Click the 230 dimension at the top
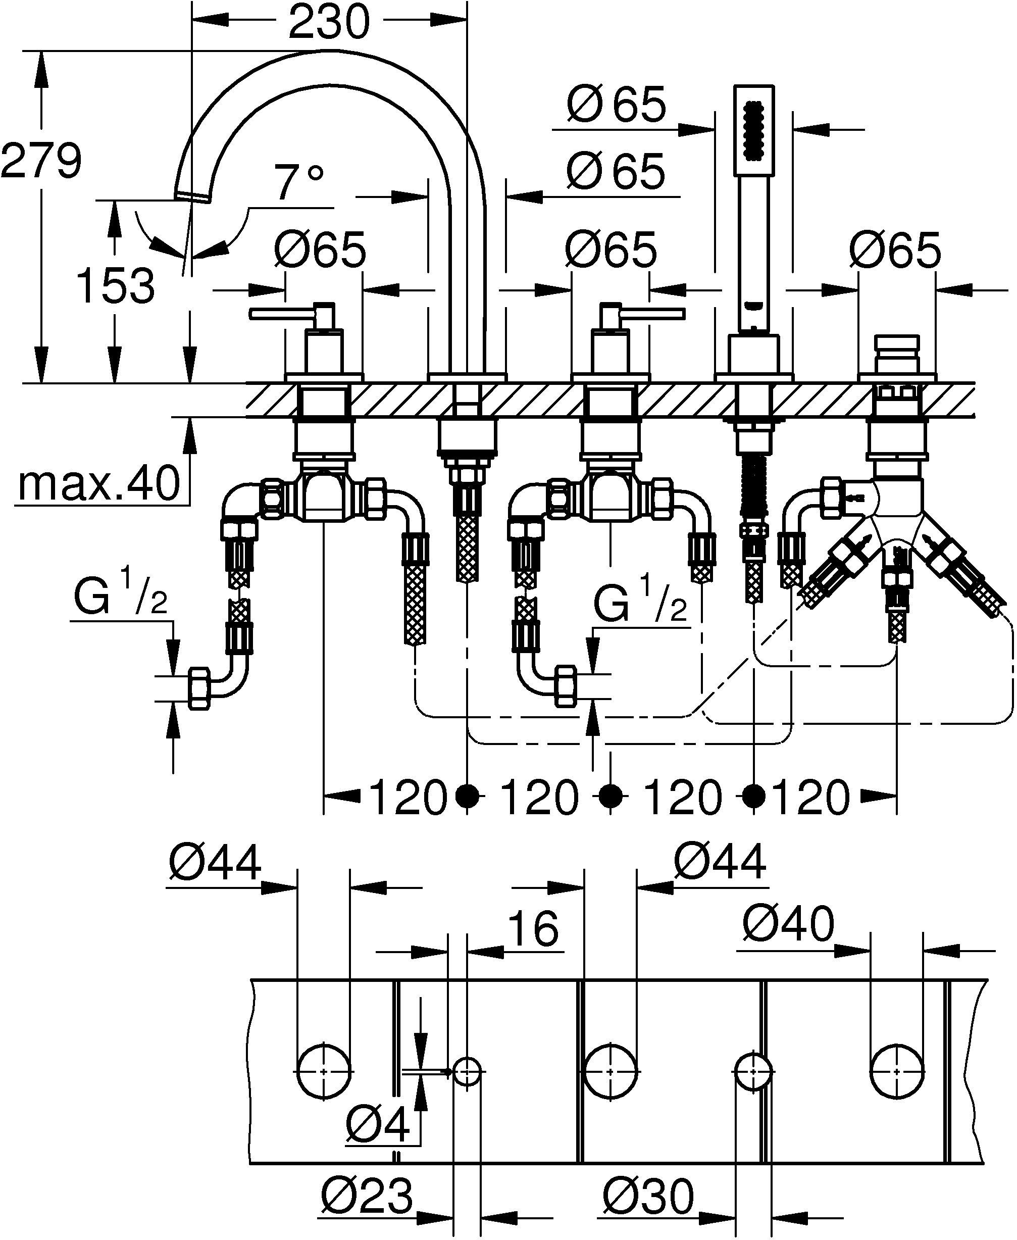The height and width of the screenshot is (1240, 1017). click(x=329, y=21)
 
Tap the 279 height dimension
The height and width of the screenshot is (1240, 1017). click(x=41, y=161)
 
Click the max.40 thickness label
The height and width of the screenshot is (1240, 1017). click(x=98, y=484)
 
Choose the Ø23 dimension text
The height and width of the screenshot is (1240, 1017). click(x=367, y=1197)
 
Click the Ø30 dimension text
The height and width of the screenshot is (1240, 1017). click(x=648, y=1197)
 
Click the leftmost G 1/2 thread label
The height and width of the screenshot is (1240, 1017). click(x=121, y=598)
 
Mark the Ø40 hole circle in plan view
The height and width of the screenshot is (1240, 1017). click(x=896, y=1071)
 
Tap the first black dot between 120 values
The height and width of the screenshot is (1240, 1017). click(x=467, y=796)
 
